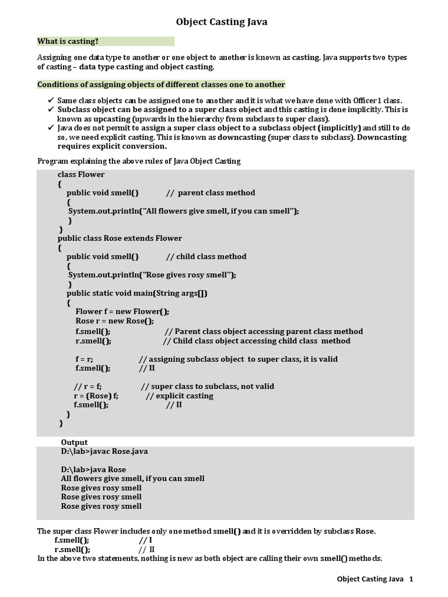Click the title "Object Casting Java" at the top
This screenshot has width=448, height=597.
(x=222, y=22)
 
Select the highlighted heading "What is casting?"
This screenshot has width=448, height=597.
(x=68, y=41)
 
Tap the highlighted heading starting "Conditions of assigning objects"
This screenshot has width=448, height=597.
(x=161, y=85)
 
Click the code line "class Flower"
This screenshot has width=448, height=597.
(x=81, y=174)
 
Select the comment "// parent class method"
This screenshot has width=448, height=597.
(x=211, y=193)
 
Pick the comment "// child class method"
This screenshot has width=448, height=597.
(x=206, y=257)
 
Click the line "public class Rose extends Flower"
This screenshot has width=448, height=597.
(x=120, y=238)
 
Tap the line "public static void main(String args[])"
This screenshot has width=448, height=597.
(x=137, y=293)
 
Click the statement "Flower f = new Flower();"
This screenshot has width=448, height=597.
(x=123, y=312)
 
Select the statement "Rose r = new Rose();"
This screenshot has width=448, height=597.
(x=115, y=321)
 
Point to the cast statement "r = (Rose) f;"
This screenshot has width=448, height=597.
(x=96, y=396)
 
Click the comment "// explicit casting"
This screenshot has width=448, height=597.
(x=180, y=396)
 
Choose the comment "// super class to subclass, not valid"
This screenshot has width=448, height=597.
(x=208, y=387)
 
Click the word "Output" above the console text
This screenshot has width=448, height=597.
(x=74, y=443)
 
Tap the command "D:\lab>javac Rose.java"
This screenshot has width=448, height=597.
(x=108, y=452)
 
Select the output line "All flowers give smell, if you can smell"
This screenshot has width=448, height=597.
(x=132, y=479)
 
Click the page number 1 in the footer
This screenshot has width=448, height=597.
(x=411, y=580)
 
